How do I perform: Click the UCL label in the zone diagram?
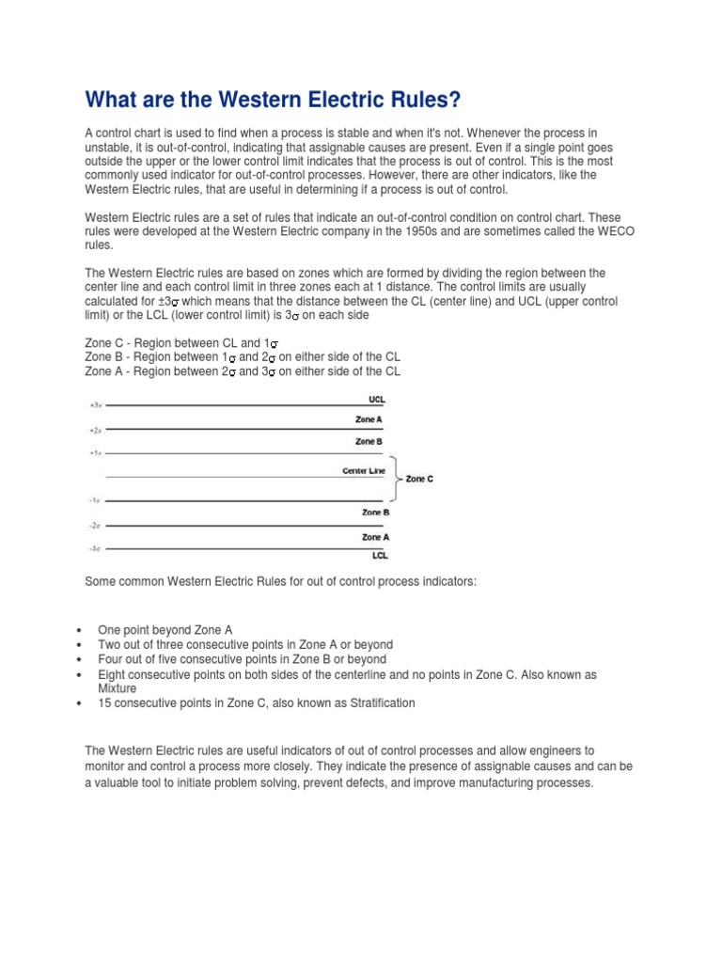(376, 400)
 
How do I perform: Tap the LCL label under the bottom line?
(379, 555)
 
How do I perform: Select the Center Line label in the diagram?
(364, 470)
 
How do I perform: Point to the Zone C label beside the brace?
(419, 479)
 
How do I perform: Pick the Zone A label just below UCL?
(369, 419)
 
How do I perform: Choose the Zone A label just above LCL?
(375, 537)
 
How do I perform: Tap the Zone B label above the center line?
(369, 441)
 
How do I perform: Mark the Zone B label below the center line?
(375, 513)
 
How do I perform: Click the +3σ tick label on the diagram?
(95, 405)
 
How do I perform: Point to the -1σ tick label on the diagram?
(95, 501)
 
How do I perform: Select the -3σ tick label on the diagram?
(95, 548)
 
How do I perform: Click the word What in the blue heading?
(112, 99)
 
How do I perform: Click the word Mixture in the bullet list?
(118, 687)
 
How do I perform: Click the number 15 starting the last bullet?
(104, 703)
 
